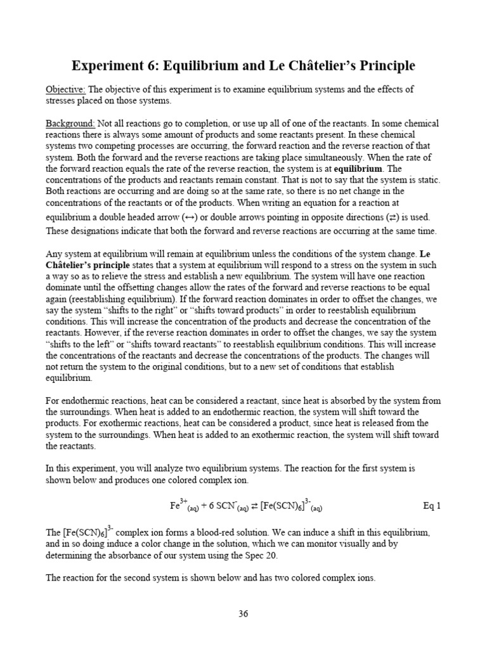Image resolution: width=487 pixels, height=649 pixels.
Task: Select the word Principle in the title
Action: (384, 66)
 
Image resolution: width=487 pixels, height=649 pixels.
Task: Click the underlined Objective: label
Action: (66, 89)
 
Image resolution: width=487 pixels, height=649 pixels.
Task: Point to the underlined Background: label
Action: (70, 123)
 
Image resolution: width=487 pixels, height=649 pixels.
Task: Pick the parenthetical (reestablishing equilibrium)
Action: (122, 300)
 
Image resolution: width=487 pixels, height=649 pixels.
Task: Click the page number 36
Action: (243, 614)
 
